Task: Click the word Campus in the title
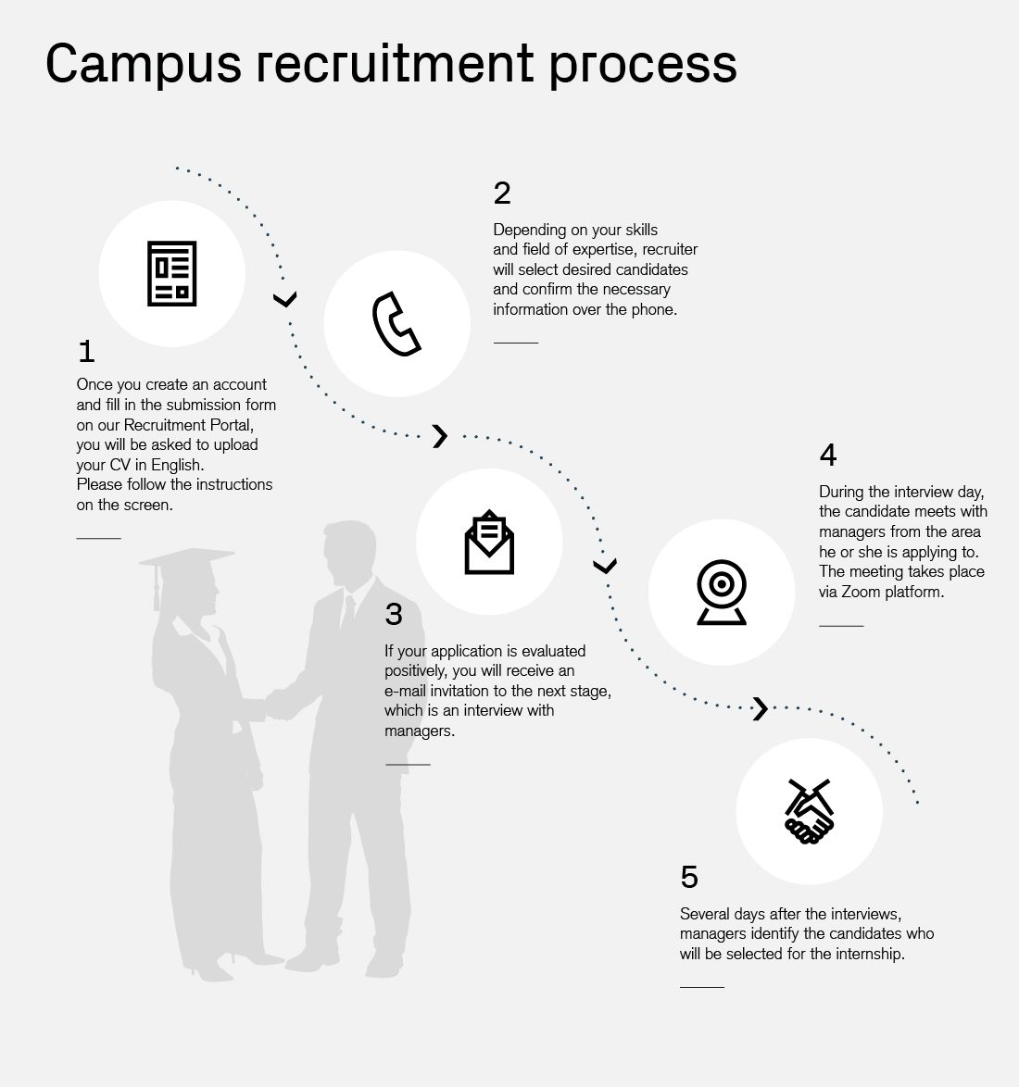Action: (144, 65)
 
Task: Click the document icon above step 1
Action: (172, 274)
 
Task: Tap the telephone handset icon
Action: (396, 324)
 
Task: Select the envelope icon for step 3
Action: (489, 543)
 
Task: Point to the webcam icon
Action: (722, 592)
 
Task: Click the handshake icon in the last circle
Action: (809, 811)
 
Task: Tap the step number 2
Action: (502, 193)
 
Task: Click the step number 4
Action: (828, 455)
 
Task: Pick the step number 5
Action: (689, 877)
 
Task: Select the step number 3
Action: (394, 614)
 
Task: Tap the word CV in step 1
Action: (120, 465)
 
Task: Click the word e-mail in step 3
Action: (405, 691)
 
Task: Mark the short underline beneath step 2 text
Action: (515, 343)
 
